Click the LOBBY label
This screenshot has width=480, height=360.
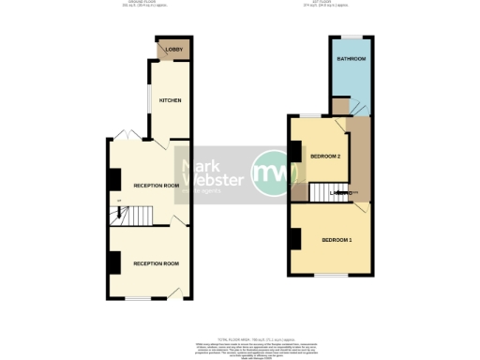pyautogui.click(x=172, y=50)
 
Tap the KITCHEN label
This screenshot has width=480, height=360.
pyautogui.click(x=170, y=99)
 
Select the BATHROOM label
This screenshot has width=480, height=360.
pyautogui.click(x=352, y=59)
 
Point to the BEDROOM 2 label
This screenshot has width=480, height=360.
pyautogui.click(x=324, y=156)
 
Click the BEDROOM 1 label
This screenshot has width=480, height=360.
pyautogui.click(x=337, y=241)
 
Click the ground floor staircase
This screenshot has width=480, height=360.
pyautogui.click(x=125, y=217)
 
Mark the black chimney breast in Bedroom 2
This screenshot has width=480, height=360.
pyautogui.click(x=294, y=151)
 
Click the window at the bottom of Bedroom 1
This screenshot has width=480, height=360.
pyautogui.click(x=329, y=276)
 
